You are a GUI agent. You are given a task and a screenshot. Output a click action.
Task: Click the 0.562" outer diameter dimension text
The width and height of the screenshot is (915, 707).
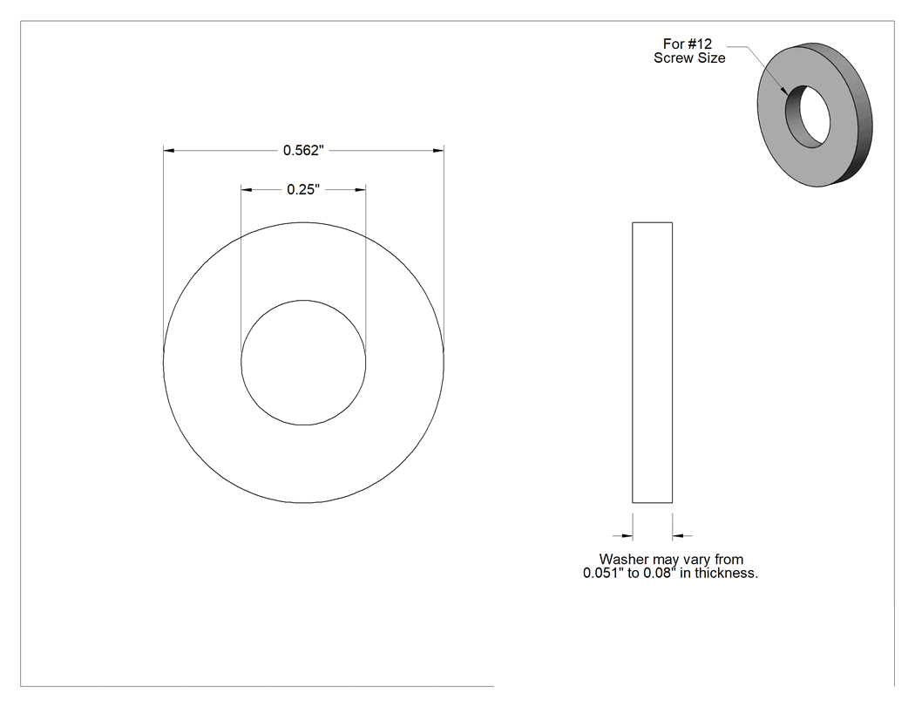303,151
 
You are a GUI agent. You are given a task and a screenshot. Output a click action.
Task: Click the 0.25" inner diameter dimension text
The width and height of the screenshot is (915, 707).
303,190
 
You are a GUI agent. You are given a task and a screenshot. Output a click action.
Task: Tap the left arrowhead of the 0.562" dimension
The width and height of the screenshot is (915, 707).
169,151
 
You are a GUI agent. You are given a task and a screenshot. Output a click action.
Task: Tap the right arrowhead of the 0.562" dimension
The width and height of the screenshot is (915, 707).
438,151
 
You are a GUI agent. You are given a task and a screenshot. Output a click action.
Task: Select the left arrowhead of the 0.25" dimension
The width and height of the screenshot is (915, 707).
247,190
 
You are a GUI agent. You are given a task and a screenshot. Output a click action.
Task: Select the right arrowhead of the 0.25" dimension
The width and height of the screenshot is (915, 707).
361,190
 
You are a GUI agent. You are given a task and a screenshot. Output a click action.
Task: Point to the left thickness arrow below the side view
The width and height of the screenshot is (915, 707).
623,535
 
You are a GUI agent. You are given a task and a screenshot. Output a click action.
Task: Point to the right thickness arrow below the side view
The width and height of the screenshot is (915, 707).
682,535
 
